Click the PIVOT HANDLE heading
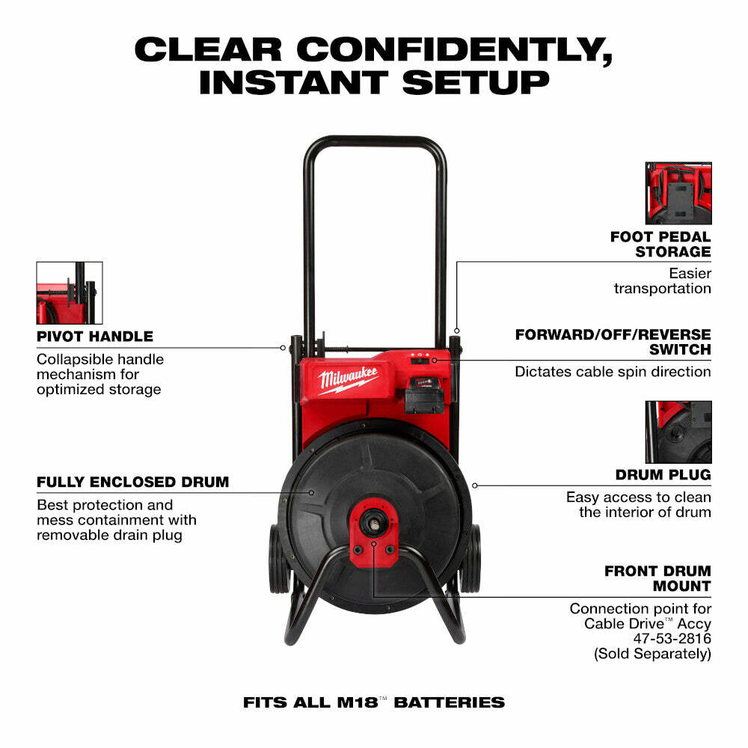[94, 337]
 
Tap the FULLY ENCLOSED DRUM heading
[132, 482]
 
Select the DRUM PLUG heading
[663, 475]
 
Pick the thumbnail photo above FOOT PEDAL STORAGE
[678, 193]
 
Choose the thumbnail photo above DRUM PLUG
[678, 432]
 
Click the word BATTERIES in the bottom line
[449, 702]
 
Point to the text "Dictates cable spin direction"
[613, 371]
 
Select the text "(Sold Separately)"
[652, 653]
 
